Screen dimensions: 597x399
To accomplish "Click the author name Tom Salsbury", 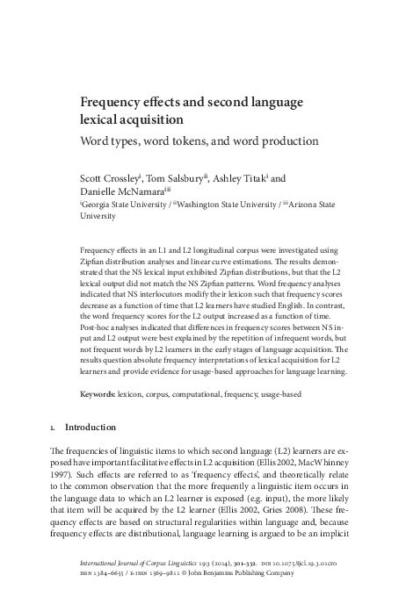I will click(x=174, y=178).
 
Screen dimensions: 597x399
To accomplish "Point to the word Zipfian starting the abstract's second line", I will click(x=95, y=262).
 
